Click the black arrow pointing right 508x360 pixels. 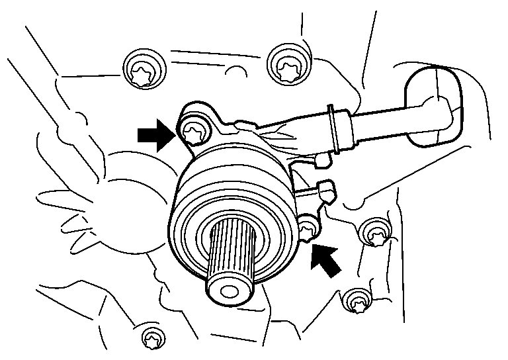[153, 134]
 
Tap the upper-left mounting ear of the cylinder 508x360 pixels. [194, 119]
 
